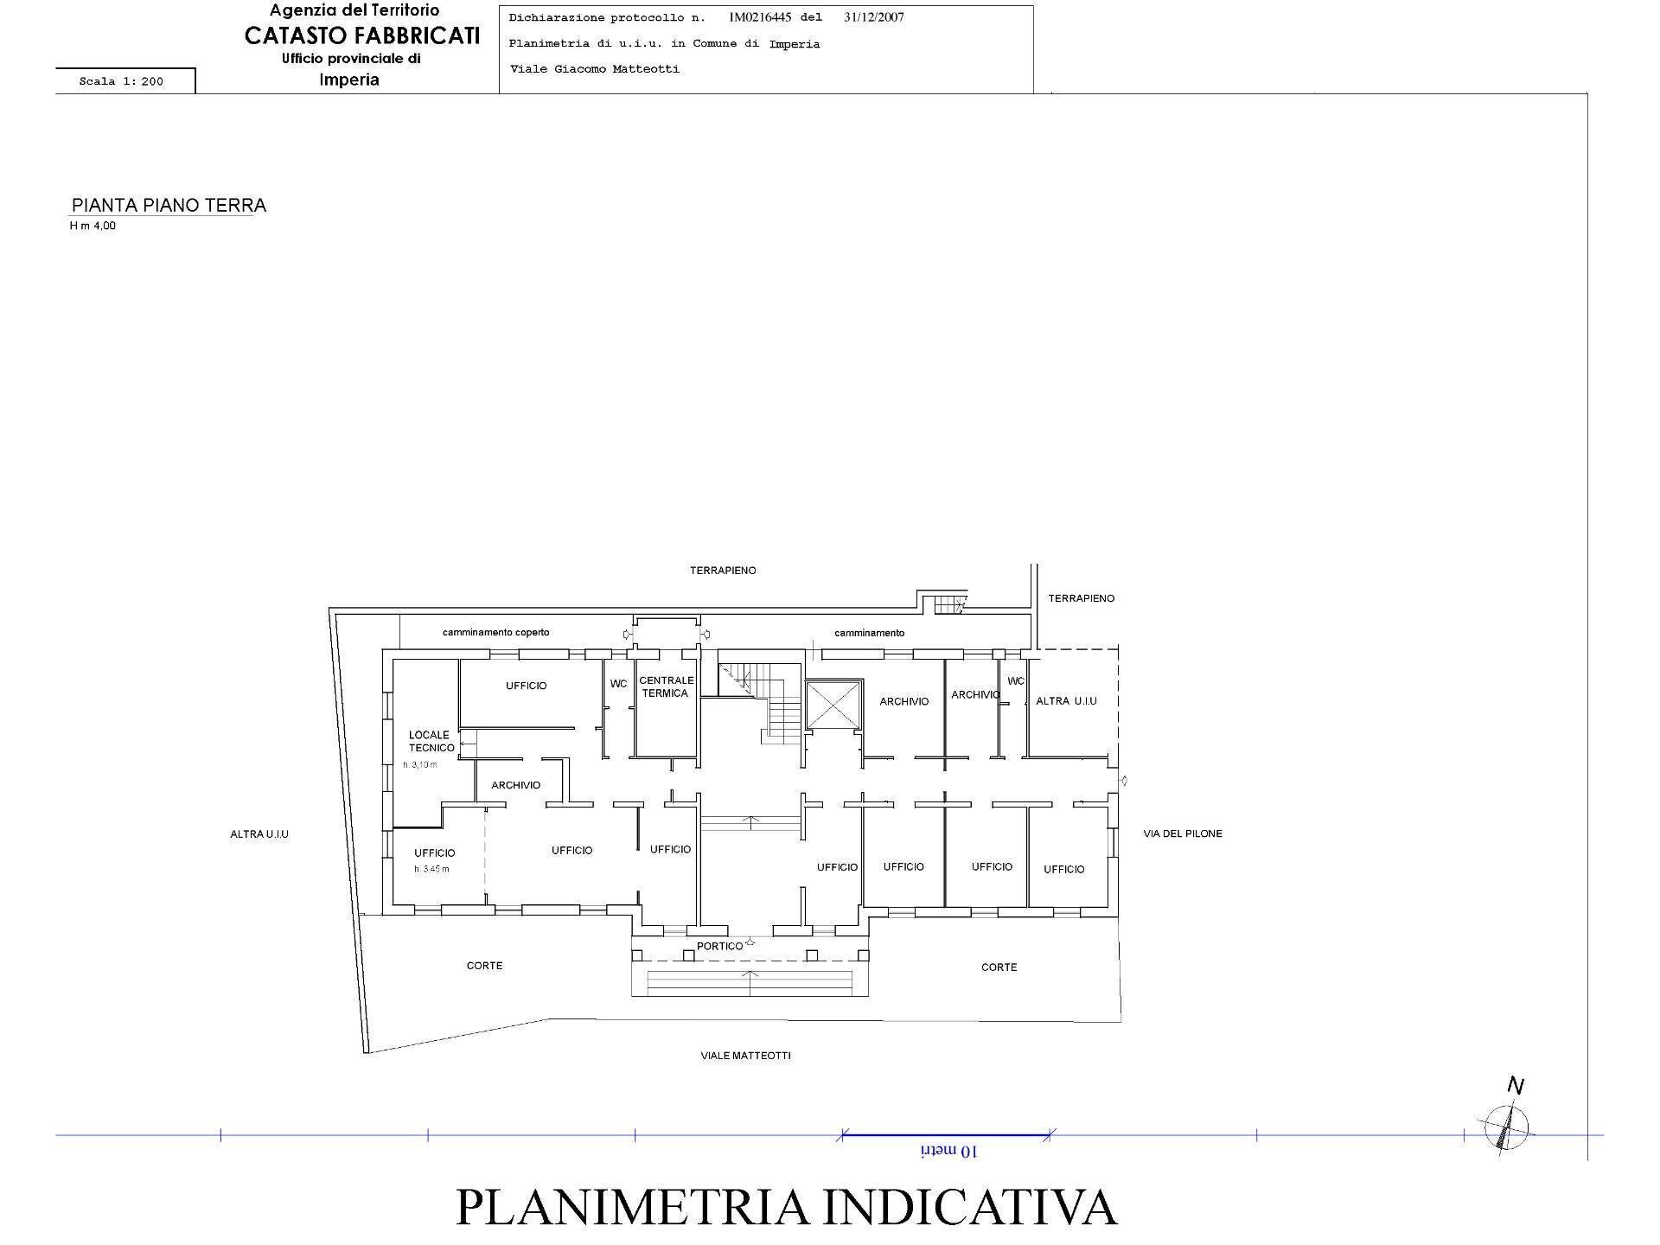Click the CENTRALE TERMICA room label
[x=666, y=686]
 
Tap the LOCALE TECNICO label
[x=431, y=741]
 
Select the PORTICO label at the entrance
[x=719, y=946]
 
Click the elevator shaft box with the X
[x=833, y=705]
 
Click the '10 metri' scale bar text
[x=948, y=1151]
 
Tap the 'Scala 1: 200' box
[x=122, y=81]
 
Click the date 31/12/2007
[x=873, y=17]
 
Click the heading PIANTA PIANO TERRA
[x=169, y=205]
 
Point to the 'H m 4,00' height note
[x=93, y=226]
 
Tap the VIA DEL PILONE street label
[x=1182, y=833]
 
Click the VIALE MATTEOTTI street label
[x=745, y=1056]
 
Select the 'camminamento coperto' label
[x=495, y=632]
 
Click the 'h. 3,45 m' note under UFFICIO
[x=431, y=869]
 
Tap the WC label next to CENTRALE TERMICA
[x=618, y=684]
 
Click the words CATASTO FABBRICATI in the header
[x=361, y=35]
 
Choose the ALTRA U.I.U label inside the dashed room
[x=1066, y=700]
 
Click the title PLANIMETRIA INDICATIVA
[x=786, y=1207]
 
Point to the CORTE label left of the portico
[x=484, y=966]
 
